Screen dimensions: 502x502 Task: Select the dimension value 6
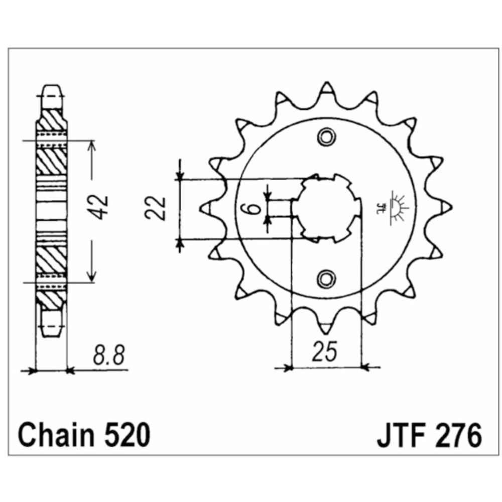tap(253, 208)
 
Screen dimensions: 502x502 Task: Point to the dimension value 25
tap(325, 351)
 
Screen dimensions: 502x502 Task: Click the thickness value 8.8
tap(108, 355)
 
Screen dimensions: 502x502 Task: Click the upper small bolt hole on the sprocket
tap(327, 138)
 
